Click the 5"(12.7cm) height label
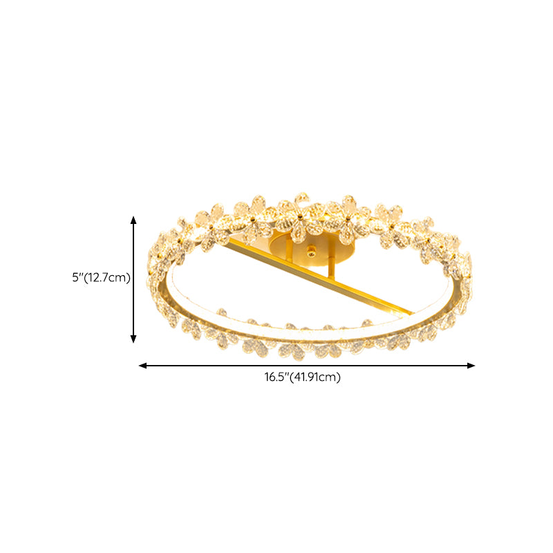pos(101,278)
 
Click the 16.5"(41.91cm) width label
pos(303,377)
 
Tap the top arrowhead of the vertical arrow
pos(133,220)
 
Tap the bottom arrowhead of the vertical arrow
pos(133,339)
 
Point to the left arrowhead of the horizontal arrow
pos(143,366)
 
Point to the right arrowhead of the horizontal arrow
pos(471,366)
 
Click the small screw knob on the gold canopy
pos(310,251)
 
